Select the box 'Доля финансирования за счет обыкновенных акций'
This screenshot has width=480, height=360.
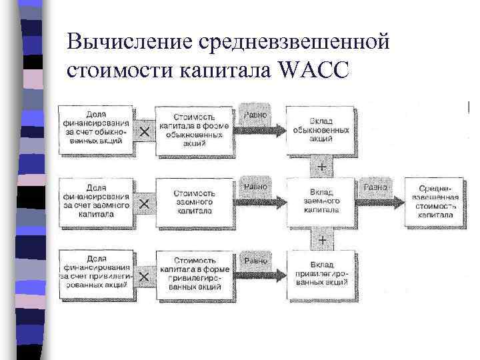click(x=97, y=131)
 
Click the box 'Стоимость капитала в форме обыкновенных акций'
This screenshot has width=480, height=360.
click(x=194, y=131)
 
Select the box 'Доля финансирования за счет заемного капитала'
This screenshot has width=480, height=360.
click(x=97, y=201)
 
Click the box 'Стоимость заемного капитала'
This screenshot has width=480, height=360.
click(x=194, y=201)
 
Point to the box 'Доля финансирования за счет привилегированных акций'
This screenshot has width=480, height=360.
click(x=97, y=272)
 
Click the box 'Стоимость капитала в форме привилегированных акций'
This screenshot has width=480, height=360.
click(x=194, y=272)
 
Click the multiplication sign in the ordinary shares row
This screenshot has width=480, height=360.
click(x=144, y=131)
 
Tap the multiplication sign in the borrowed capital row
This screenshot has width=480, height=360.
click(x=144, y=202)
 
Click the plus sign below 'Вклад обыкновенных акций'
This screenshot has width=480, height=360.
click(x=322, y=167)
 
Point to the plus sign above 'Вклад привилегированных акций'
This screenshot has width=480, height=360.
click(x=322, y=238)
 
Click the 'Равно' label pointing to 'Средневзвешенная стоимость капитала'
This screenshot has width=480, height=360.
click(x=374, y=188)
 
